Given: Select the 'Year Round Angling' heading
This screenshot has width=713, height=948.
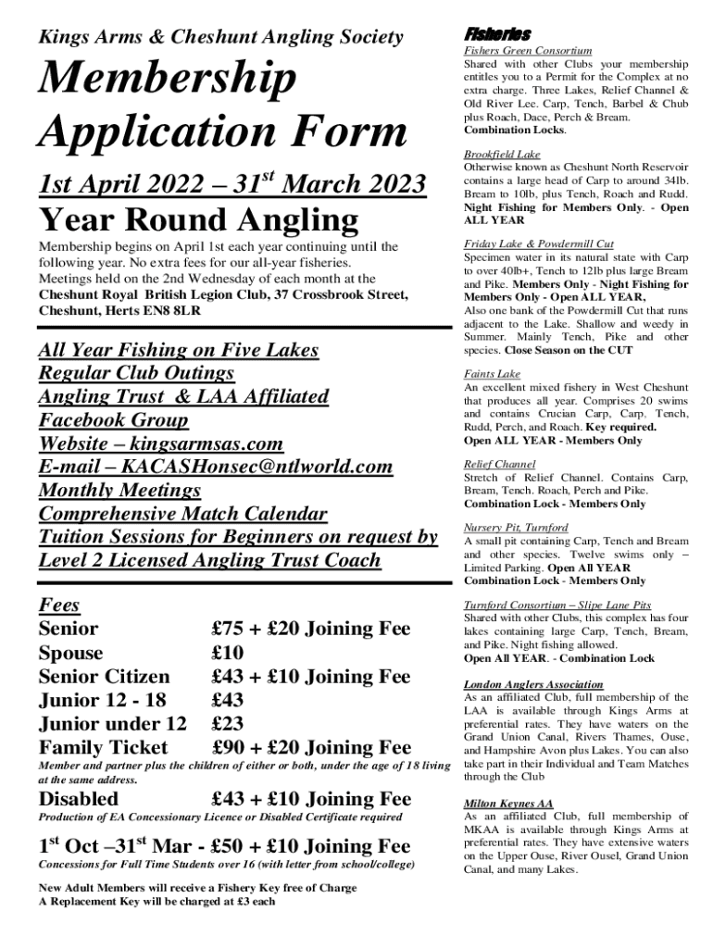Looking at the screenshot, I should [197, 220].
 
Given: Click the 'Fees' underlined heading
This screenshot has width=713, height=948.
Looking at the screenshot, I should [59, 605].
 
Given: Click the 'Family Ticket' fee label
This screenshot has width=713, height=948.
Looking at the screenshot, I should [103, 747].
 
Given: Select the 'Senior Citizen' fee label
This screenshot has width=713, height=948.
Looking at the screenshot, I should [104, 677].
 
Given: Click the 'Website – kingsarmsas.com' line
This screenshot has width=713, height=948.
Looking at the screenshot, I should [160, 443].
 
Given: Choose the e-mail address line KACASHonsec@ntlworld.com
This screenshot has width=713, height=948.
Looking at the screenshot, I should [215, 467].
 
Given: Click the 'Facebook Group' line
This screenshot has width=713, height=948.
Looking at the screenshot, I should [113, 419].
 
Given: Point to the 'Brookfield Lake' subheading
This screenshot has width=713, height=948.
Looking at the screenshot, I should [502, 154].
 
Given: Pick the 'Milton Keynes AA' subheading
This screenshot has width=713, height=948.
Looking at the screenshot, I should [508, 804].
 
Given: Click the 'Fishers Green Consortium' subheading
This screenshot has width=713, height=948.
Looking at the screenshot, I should [528, 51].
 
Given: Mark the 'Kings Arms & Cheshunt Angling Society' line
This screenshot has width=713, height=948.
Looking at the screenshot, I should [220, 38].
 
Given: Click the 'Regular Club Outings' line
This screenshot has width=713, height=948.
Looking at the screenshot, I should [136, 373].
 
